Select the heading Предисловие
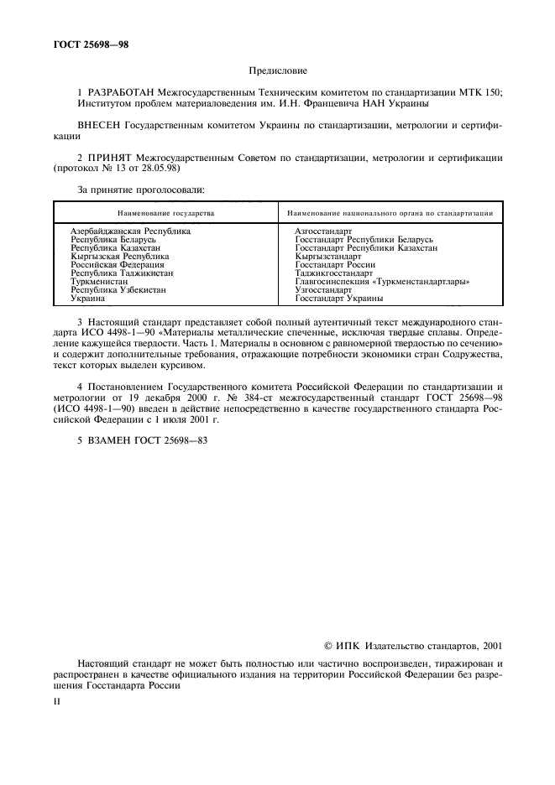coord(277,71)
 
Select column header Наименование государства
coord(165,213)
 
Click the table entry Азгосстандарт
coord(323,230)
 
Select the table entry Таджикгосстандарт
coord(333,273)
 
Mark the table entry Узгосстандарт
coord(323,289)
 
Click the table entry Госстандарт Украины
coord(339,299)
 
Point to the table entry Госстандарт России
coord(335,264)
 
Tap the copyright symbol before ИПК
coord(329,646)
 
